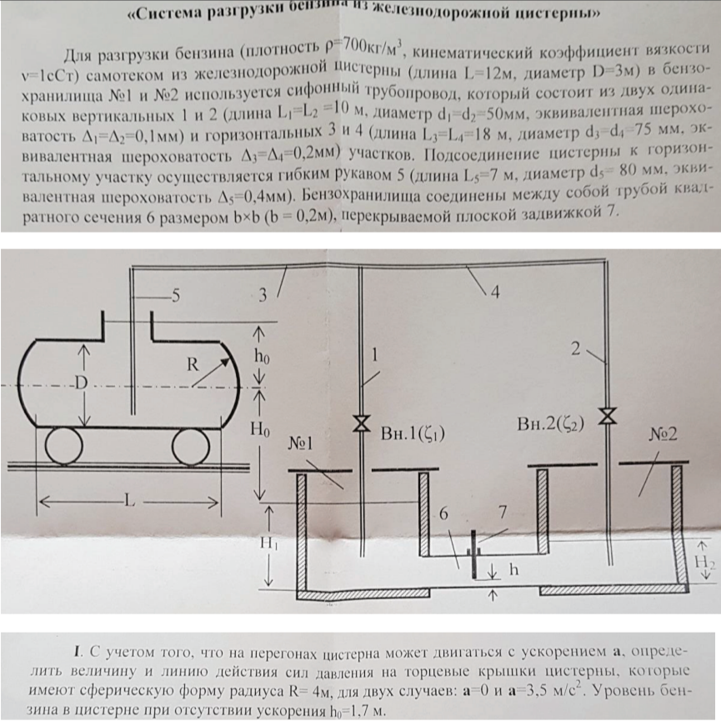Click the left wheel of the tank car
click(64, 446)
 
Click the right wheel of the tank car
click(191, 446)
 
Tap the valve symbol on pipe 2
click(608, 415)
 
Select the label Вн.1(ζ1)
click(413, 433)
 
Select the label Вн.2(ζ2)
click(550, 423)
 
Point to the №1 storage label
click(301, 443)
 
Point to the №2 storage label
click(663, 434)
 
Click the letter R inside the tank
click(193, 364)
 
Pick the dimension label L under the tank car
click(130, 500)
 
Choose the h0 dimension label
click(262, 357)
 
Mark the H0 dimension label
click(260, 429)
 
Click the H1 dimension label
click(269, 543)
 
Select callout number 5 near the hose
click(175, 296)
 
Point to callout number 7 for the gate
click(503, 512)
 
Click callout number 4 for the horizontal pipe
click(495, 292)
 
